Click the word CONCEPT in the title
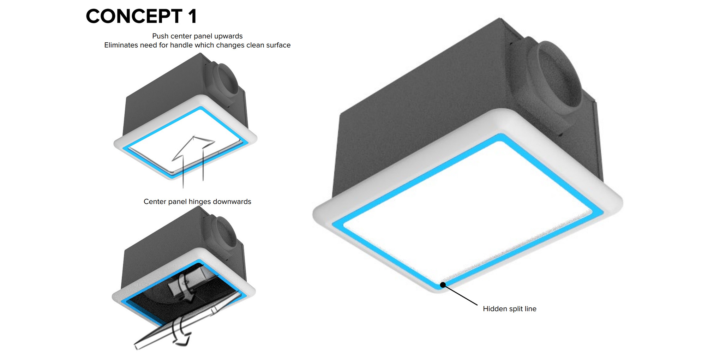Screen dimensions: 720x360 tap(134, 16)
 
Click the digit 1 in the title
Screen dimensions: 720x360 tap(192, 16)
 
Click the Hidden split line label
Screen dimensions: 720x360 tap(510, 309)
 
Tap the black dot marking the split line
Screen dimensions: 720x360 tap(443, 284)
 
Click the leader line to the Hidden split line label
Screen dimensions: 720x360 tap(460, 295)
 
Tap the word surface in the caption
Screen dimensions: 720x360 tap(278, 45)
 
